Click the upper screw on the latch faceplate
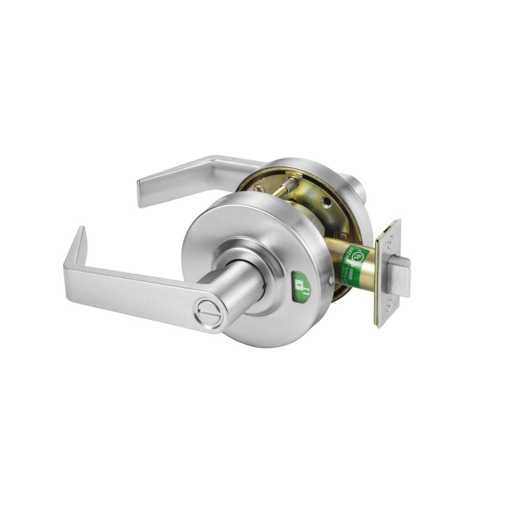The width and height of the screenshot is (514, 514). click(x=392, y=238)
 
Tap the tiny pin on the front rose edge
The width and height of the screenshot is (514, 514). click(x=329, y=281)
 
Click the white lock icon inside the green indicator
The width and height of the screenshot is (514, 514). click(x=302, y=285)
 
